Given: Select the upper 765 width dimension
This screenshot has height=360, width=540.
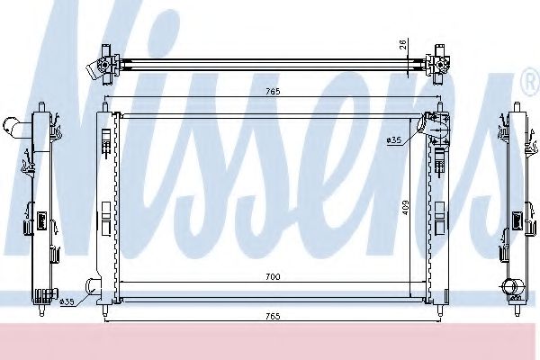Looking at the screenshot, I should pos(269,91).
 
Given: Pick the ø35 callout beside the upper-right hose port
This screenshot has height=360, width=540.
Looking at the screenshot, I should pos(393,139).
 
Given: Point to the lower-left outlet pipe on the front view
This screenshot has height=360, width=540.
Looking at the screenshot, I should pos(93,288).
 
